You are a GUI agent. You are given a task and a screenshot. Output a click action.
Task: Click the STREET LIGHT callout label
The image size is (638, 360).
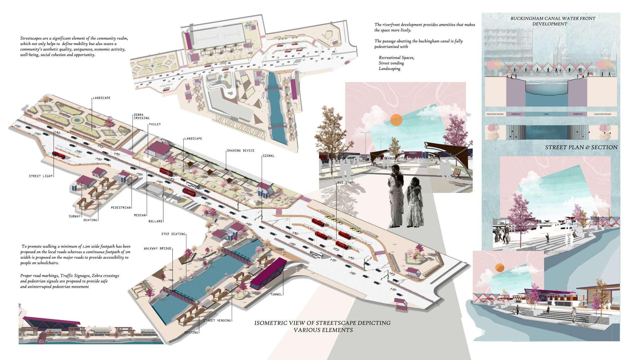[x=41, y=176]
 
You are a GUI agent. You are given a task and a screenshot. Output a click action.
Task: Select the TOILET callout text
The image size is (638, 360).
[x=155, y=124]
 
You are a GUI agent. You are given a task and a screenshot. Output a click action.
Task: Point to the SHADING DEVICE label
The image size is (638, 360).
[x=240, y=150]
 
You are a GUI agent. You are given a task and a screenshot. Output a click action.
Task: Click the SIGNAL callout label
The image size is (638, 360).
[x=269, y=155]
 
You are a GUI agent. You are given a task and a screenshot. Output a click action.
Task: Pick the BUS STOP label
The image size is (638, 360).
[x=345, y=183]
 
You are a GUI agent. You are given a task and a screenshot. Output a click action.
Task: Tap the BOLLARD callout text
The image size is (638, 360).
[x=155, y=221]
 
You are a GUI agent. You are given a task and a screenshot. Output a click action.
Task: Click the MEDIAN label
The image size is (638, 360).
[x=140, y=215]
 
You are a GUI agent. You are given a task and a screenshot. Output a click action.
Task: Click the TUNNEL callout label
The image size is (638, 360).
[x=276, y=294]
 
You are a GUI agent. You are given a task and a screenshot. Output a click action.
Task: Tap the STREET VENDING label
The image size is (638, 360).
[x=217, y=320]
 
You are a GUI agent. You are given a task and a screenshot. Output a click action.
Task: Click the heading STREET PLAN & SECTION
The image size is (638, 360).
[x=581, y=147]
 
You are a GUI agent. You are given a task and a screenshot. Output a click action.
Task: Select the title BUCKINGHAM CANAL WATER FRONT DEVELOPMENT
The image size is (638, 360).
[x=553, y=21]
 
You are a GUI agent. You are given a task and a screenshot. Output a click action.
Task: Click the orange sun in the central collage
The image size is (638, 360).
[x=396, y=120]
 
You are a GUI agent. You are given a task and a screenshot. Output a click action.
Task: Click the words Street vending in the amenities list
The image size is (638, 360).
[x=391, y=63]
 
